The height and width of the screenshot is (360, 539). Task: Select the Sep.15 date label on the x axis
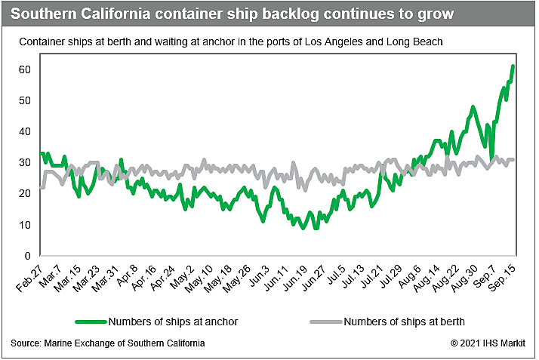[x=505, y=278]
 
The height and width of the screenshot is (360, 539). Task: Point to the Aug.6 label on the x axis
[x=409, y=276]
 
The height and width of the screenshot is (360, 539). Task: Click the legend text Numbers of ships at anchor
[x=174, y=322]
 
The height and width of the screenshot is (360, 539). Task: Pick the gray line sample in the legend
[x=325, y=322]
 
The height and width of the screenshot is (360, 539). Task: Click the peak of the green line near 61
[x=513, y=66]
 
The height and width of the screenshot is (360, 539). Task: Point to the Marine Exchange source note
[x=106, y=343]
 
